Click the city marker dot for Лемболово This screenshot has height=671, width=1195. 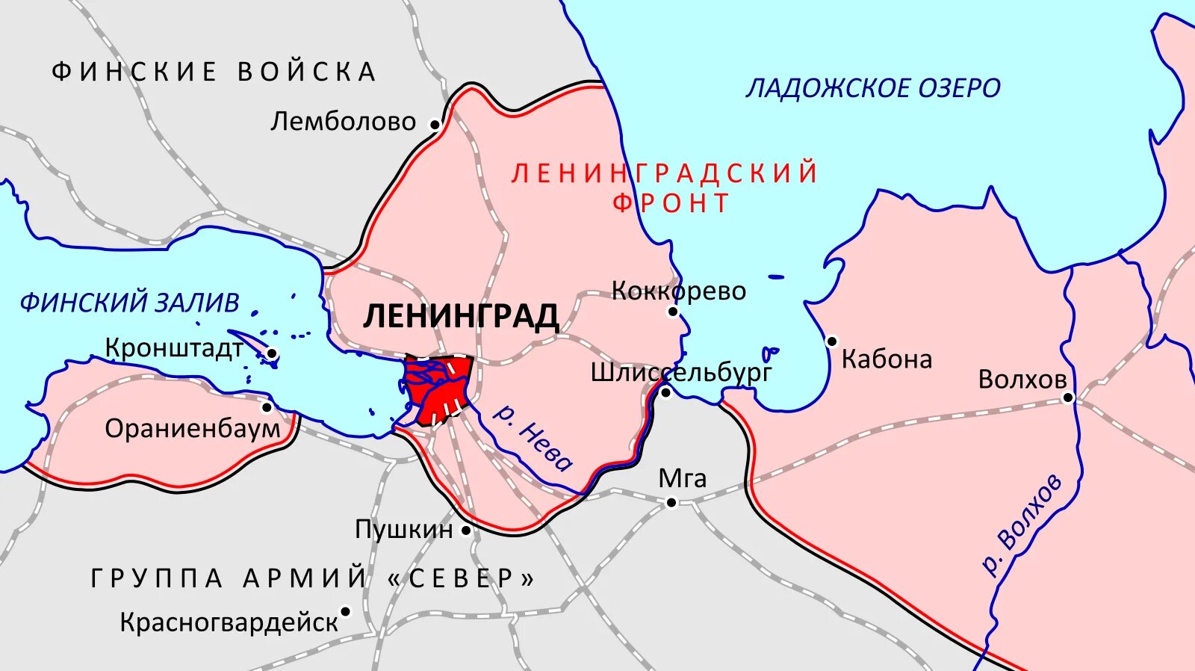(x=434, y=124)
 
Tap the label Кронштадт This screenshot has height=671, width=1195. (x=173, y=348)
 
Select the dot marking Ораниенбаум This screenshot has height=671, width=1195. (x=267, y=407)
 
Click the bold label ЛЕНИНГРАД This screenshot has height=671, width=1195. (x=461, y=316)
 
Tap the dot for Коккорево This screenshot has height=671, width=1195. (x=673, y=312)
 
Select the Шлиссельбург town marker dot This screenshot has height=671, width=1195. (x=665, y=392)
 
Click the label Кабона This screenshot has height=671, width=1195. (x=887, y=359)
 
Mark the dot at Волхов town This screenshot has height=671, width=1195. (x=1068, y=398)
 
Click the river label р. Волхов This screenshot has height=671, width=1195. (x=1022, y=525)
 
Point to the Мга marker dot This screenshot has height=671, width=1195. (x=671, y=503)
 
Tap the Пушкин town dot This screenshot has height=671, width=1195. (x=466, y=531)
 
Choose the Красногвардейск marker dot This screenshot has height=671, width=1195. (x=345, y=611)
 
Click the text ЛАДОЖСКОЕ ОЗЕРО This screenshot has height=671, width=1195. (x=872, y=88)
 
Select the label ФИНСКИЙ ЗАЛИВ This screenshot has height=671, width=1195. (x=129, y=303)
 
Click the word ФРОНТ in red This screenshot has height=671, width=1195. (x=671, y=203)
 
